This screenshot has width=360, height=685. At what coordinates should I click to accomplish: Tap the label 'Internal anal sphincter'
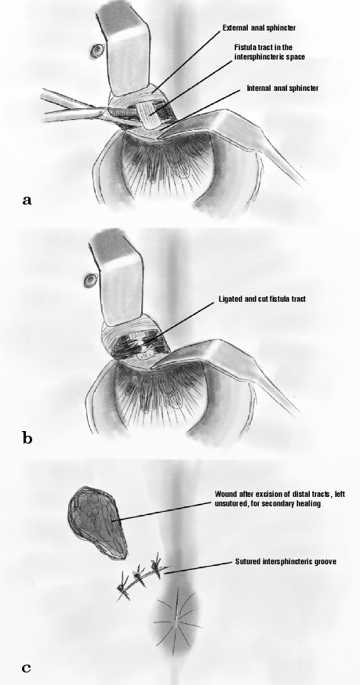coord(282,89)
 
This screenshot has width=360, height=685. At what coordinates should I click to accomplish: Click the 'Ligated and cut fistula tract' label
coord(262,299)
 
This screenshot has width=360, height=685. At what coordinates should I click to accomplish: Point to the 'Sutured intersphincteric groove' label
coord(285,561)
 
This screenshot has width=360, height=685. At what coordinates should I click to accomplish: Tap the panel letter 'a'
coord(27,201)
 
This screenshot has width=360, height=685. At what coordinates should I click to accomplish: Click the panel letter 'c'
coord(26,668)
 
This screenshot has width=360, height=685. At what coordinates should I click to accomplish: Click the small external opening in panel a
coord(96,52)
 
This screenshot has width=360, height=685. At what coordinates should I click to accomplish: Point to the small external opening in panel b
coord(90,280)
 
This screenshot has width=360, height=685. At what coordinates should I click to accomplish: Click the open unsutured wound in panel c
coord(98,523)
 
